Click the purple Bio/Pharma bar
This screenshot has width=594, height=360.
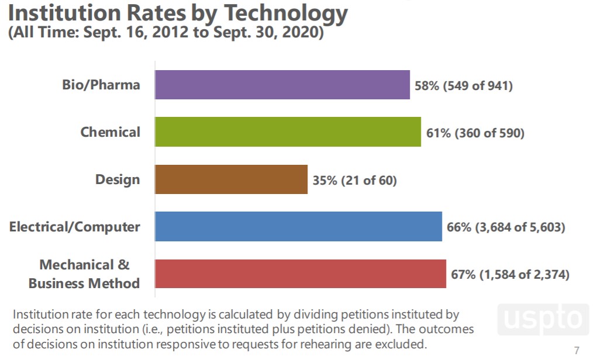click(x=282, y=85)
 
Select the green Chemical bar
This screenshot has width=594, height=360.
click(x=288, y=131)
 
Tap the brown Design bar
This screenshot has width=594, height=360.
click(x=231, y=179)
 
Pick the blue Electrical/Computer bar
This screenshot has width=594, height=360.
click(x=298, y=226)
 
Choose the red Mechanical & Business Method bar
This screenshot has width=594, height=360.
click(x=300, y=274)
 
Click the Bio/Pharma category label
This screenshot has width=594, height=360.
click(x=101, y=85)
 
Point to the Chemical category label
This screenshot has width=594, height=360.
click(x=110, y=131)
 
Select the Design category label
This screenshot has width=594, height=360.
click(x=118, y=179)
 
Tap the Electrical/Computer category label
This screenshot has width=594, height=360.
click(x=75, y=226)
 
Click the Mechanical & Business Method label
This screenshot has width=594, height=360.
click(x=84, y=274)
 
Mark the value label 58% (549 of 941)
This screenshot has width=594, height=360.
click(x=464, y=86)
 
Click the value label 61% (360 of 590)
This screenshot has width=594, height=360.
click(x=475, y=133)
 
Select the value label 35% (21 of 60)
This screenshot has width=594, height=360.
click(x=354, y=181)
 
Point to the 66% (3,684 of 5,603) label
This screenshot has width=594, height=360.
click(x=506, y=227)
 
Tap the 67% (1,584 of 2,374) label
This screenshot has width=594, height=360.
click(x=510, y=274)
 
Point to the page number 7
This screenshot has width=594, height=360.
click(x=577, y=351)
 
